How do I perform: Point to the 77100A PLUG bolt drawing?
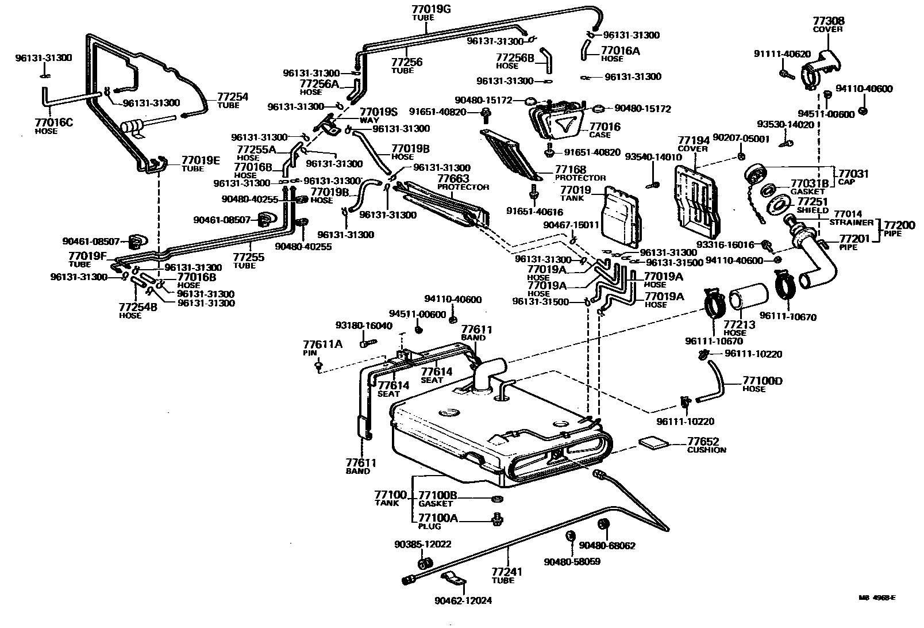(496, 519)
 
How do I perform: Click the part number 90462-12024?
(468, 602)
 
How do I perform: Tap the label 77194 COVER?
(693, 143)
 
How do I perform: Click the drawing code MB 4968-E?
(877, 598)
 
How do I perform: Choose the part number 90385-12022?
(422, 544)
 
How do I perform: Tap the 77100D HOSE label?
(763, 384)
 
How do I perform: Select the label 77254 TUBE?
(232, 100)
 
